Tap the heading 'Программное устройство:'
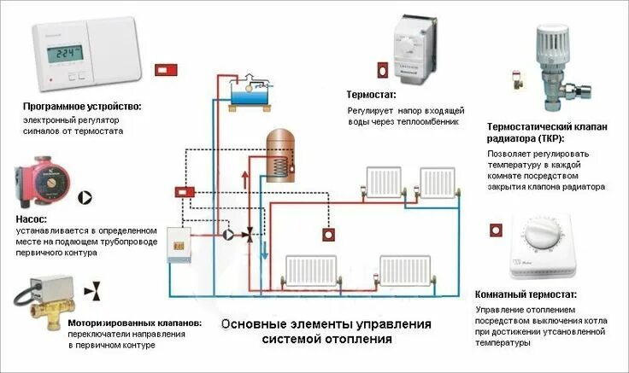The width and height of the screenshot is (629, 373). click(x=82, y=107)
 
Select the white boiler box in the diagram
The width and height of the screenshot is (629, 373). click(x=178, y=243)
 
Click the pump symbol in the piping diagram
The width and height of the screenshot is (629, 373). click(x=228, y=233)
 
